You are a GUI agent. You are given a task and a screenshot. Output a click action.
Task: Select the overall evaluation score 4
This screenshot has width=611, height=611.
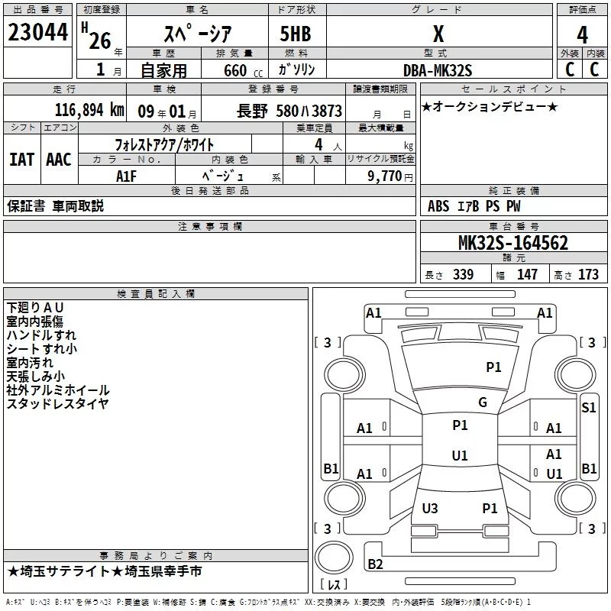(x=582, y=35)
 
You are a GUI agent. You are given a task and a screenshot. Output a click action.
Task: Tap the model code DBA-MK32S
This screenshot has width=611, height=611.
(x=438, y=70)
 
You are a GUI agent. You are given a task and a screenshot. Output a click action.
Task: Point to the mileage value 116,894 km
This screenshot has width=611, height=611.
(x=89, y=110)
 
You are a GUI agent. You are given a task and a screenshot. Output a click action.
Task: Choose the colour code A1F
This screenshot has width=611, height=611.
(x=127, y=175)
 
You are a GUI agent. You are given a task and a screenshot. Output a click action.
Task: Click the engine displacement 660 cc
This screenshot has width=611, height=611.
(x=234, y=70)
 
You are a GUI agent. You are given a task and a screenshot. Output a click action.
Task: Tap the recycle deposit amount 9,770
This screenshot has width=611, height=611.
(x=390, y=176)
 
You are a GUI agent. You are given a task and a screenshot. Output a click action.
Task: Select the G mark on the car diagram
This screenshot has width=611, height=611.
(x=482, y=402)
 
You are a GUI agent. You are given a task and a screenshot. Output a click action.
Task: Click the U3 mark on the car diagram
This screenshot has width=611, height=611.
(x=430, y=508)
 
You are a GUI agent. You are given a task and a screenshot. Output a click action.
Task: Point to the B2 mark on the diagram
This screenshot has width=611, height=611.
(x=375, y=564)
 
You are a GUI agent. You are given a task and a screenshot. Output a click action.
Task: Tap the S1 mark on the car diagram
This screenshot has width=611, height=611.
(x=588, y=408)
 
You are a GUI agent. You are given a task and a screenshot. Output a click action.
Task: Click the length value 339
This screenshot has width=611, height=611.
(x=463, y=275)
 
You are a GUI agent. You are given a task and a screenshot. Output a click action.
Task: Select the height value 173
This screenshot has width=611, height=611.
(x=588, y=275)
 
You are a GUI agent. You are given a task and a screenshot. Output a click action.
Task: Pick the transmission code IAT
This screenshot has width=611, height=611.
(x=21, y=160)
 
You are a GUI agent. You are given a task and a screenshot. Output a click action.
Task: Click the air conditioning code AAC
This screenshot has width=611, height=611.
(x=58, y=160)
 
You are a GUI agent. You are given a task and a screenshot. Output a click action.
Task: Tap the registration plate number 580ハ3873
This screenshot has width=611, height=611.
(x=309, y=111)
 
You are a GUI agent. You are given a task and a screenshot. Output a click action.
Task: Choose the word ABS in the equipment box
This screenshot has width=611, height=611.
(x=438, y=206)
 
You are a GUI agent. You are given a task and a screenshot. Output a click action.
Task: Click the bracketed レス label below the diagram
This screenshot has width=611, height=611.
(x=334, y=586)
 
